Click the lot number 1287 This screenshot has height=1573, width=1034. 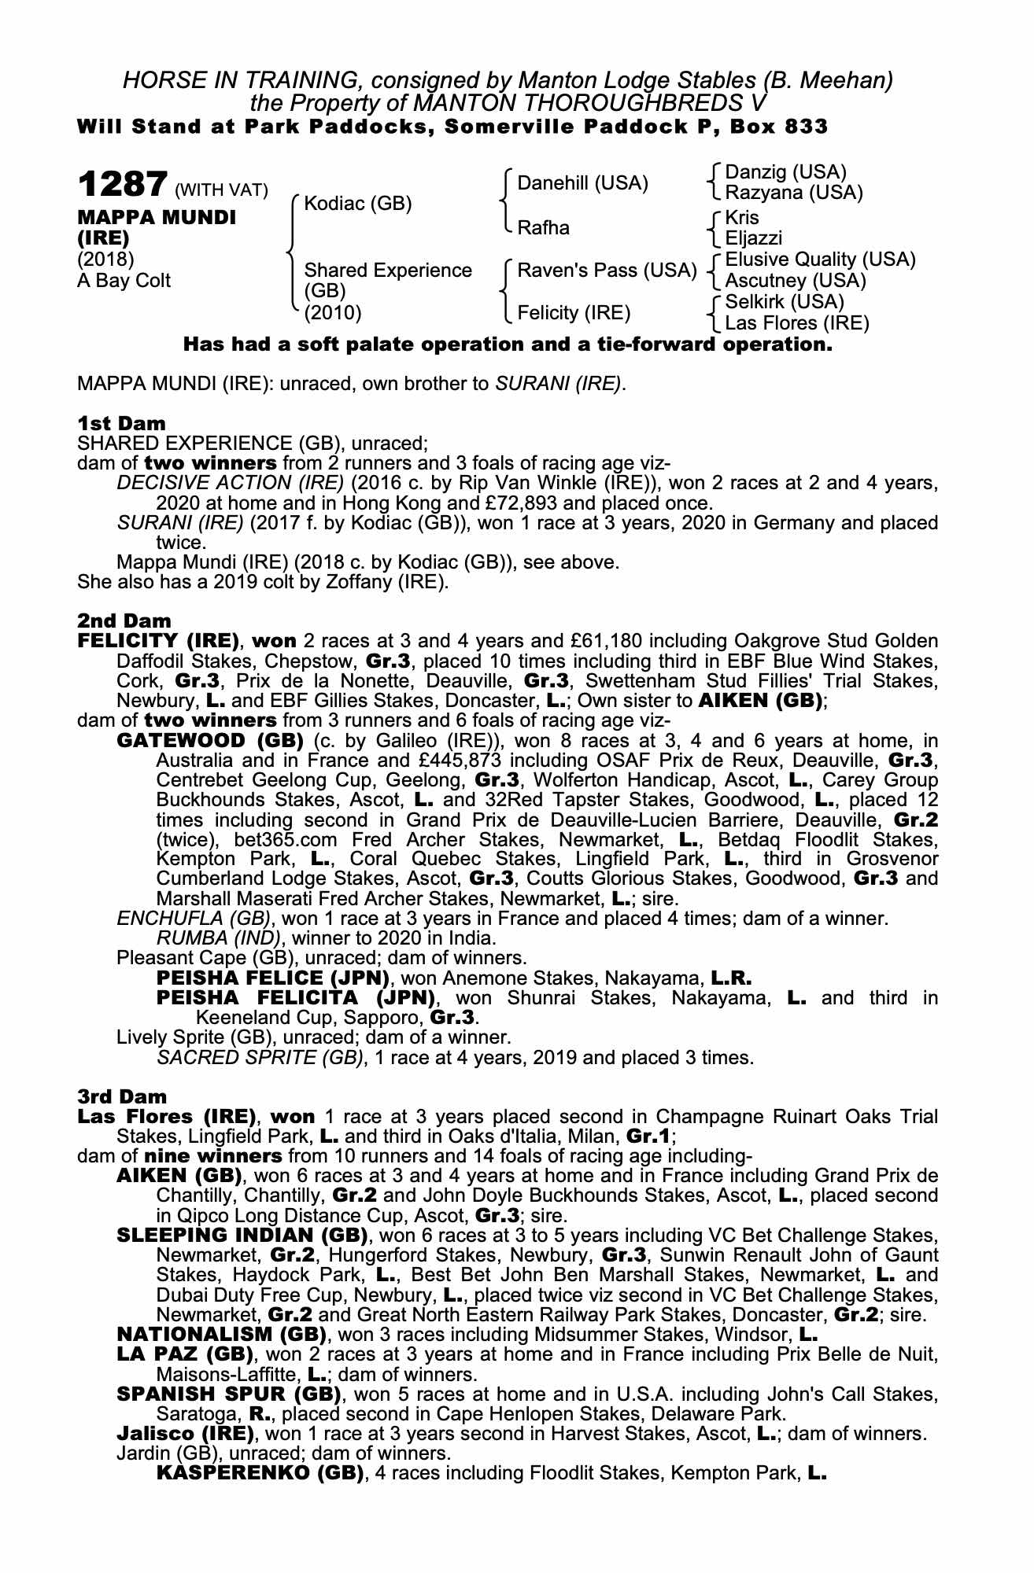point(121,186)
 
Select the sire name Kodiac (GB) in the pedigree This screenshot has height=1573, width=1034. point(358,203)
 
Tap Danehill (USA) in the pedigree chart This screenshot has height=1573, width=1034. point(582,183)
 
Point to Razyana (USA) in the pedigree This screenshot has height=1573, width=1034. point(793,193)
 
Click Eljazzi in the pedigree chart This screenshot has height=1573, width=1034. point(753,238)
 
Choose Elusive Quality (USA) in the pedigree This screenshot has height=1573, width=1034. point(820,260)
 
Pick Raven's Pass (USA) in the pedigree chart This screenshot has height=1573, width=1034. point(607,271)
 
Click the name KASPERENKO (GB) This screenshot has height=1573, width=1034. point(260,1473)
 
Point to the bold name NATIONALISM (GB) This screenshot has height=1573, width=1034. point(221,1334)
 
